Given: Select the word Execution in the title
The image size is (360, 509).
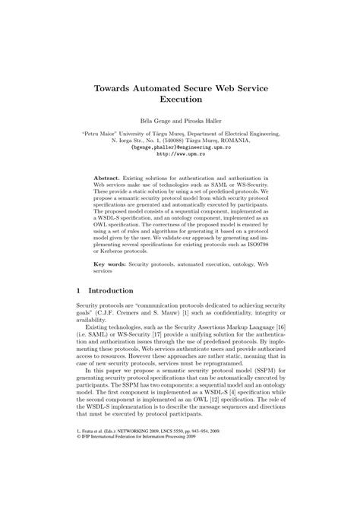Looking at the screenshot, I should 180,99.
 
